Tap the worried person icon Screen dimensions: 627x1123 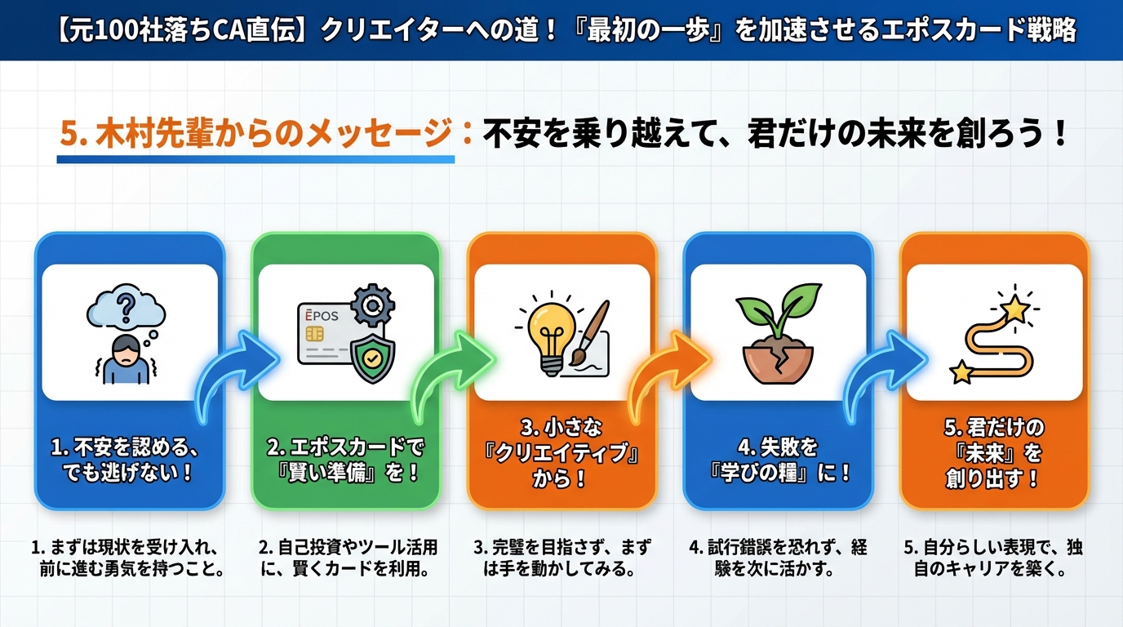click(125, 360)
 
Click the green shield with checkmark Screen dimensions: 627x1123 click(372, 357)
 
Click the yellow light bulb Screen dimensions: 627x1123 click(548, 335)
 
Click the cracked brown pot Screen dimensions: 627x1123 click(778, 359)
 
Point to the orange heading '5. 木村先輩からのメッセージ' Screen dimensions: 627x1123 click(255, 134)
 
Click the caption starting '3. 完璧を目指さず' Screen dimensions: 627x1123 click(561, 558)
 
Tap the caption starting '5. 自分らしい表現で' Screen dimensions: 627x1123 click(993, 558)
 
